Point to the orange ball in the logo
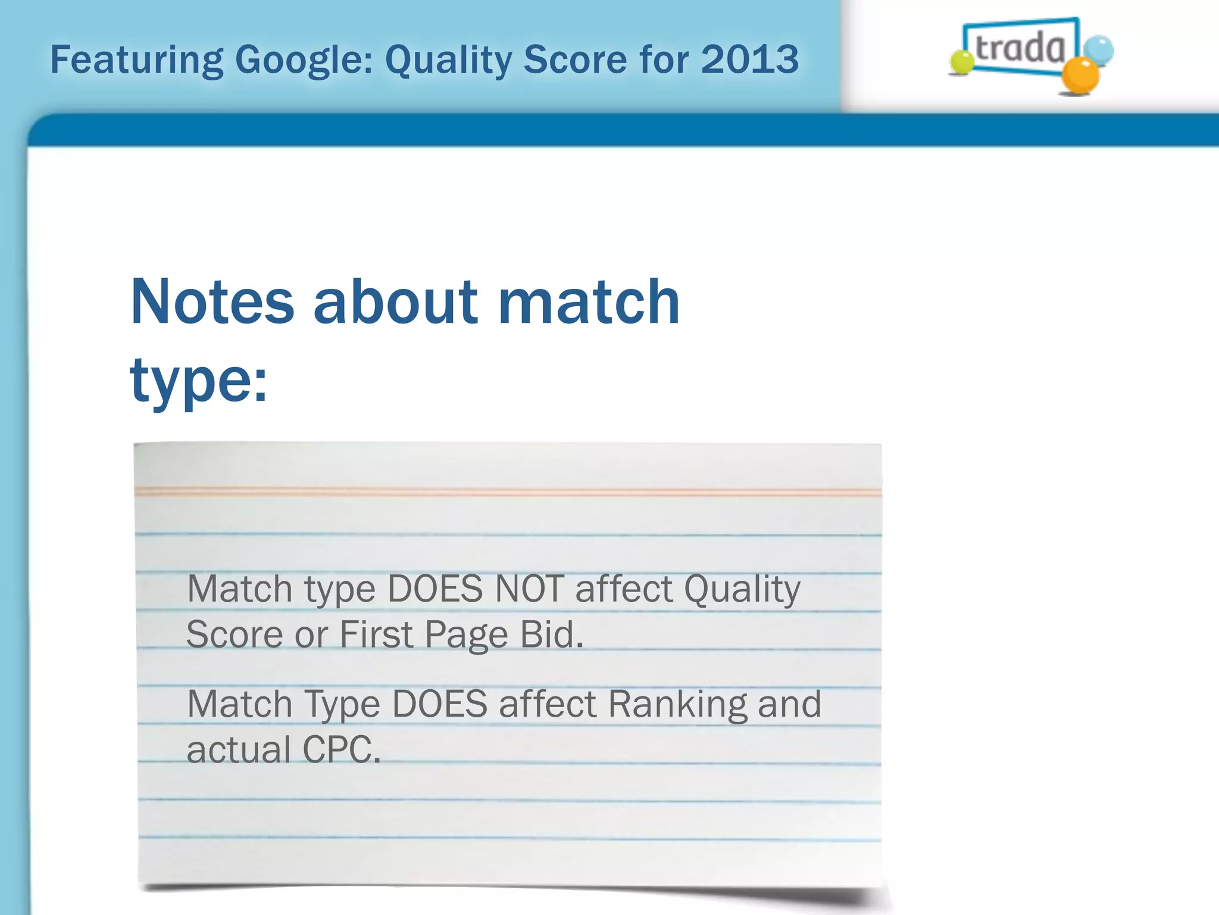tap(1080, 76)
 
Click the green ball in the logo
tap(961, 63)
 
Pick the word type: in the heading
tap(199, 381)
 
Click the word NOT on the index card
tap(529, 589)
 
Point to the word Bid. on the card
tap(552, 634)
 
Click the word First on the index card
tap(376, 634)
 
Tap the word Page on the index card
tap(467, 635)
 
